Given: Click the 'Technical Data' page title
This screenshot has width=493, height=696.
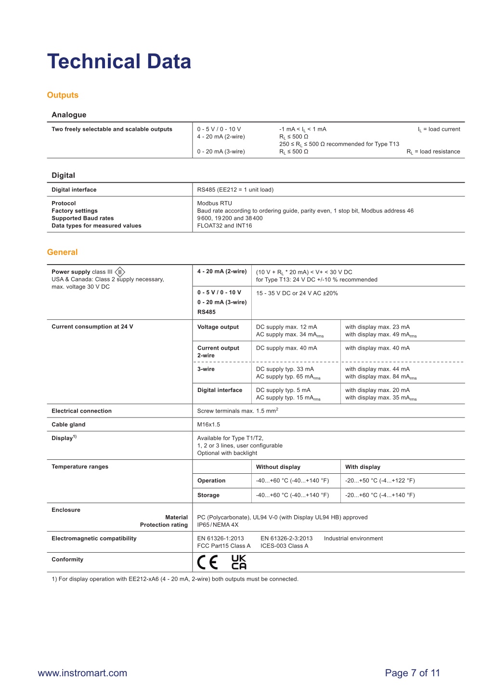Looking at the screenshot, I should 119,62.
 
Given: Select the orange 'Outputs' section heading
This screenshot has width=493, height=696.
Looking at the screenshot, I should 63,95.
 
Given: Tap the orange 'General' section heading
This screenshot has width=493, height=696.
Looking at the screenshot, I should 62,252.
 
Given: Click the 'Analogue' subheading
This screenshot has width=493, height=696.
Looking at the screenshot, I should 69,114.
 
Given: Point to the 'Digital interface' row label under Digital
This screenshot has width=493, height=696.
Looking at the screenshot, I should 74,190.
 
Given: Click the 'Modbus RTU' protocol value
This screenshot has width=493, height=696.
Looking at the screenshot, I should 214,203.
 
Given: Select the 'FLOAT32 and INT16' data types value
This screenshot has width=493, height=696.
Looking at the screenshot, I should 224,226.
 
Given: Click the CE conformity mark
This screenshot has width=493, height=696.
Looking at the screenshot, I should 208,562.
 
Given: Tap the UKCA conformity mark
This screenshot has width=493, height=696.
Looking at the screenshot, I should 239,562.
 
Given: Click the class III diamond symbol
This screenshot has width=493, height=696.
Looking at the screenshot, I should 120,272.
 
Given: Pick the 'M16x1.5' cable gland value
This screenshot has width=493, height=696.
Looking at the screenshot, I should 208,425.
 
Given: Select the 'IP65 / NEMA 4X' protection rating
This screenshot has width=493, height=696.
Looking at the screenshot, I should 218,525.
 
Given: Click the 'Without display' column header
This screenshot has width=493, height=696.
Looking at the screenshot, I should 278,467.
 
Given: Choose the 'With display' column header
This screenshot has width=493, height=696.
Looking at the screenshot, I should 363,467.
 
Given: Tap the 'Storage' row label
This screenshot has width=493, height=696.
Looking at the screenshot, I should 208,495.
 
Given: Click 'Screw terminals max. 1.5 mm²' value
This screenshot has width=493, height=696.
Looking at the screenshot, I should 237,411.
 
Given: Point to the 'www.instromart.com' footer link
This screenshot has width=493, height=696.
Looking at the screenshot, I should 82,673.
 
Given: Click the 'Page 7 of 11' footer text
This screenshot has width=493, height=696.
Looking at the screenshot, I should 412,673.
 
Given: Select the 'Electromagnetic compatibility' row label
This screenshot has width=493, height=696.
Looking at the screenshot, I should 94,539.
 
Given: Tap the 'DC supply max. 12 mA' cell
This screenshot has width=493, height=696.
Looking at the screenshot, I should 286,327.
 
